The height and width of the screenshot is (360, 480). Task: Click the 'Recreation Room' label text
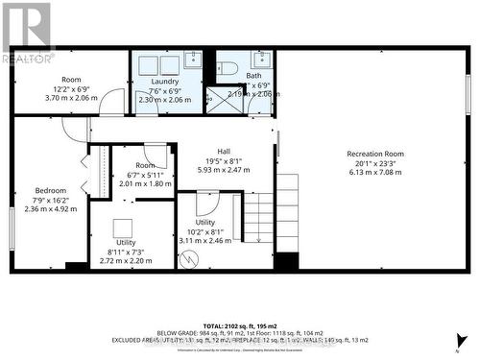(375, 154)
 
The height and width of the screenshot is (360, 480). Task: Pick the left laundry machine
(148, 65)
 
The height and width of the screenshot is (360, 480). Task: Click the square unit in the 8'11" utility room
(122, 228)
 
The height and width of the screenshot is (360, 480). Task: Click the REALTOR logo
(26, 33)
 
